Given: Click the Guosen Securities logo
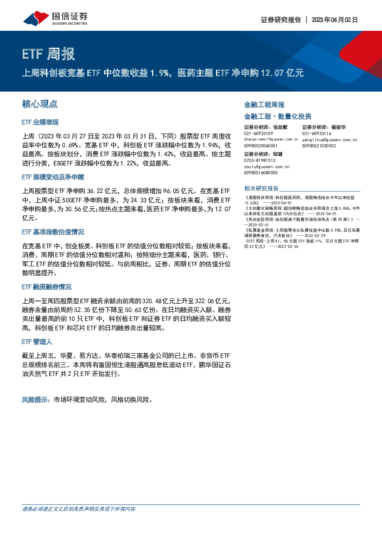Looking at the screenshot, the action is pyautogui.click(x=55, y=18).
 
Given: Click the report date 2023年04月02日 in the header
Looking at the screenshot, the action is pyautogui.click(x=335, y=20).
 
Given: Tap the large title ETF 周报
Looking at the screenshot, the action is pyautogui.click(x=49, y=54).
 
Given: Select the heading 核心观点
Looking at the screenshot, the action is pyautogui.click(x=40, y=104).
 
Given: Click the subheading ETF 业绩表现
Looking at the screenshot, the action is pyautogui.click(x=40, y=122).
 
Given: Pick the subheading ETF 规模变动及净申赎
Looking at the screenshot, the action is pyautogui.click(x=53, y=177).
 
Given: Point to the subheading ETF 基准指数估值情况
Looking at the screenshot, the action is pyautogui.click(x=53, y=232).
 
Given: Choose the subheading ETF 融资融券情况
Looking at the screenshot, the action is pyautogui.click(x=47, y=287).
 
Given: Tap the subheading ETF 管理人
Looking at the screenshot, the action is pyautogui.click(x=37, y=342).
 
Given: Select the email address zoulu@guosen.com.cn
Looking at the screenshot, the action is pyautogui.click(x=267, y=167).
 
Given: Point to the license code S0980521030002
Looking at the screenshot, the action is pyautogui.click(x=319, y=145).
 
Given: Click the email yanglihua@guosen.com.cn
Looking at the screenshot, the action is pyautogui.click(x=330, y=140).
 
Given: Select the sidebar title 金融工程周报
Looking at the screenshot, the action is pyautogui.click(x=264, y=105).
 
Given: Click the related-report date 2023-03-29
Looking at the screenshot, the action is pyautogui.click(x=315, y=236).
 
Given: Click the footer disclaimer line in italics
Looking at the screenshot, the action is pyautogui.click(x=79, y=509).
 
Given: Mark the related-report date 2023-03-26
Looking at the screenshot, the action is pyautogui.click(x=288, y=246).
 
